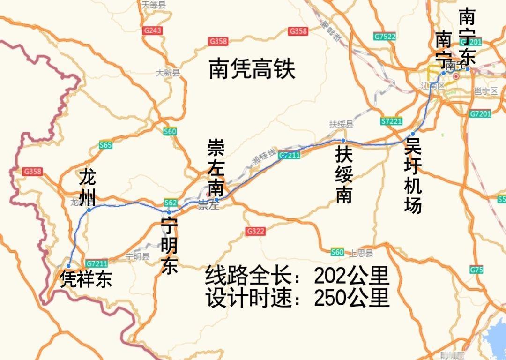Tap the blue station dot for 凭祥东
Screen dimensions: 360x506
tap(68, 266)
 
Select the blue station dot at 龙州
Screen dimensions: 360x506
tap(89, 210)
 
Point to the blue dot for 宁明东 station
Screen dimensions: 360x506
tap(169, 212)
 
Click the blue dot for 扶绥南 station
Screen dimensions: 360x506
tap(343, 140)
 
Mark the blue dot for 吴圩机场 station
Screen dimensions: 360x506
tap(413, 134)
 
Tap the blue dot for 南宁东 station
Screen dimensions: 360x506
tap(467, 69)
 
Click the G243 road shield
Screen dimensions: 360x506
tap(153, 30)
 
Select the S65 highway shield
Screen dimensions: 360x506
tap(105, 145)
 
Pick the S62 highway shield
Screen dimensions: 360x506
tap(170, 202)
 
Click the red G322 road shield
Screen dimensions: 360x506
tap(255, 231)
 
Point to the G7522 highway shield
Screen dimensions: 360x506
tap(385, 36)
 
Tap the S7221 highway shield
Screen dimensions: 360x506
tap(392, 121)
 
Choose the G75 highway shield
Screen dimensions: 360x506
tap(476, 270)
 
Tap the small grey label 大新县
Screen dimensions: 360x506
tap(168, 73)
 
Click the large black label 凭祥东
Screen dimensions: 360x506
tap(86, 280)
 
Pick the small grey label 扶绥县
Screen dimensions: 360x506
tap(341, 124)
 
